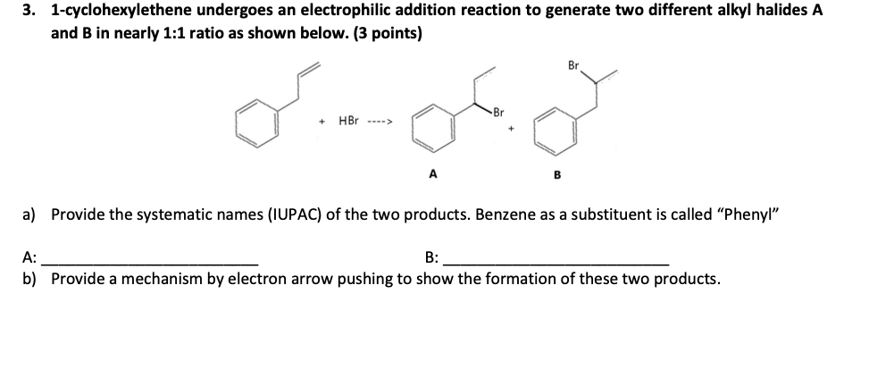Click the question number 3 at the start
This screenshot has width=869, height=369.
coord(31,12)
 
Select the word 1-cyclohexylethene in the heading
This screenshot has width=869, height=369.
coord(121,12)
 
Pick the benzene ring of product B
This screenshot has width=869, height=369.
coord(552,133)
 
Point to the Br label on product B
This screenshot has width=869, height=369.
coord(572,64)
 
